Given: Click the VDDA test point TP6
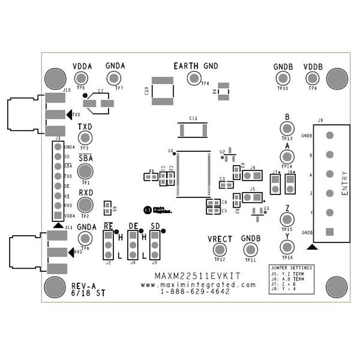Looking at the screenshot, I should click(82, 78).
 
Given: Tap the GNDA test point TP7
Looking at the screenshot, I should click(115, 78).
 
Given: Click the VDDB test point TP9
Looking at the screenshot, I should click(312, 78).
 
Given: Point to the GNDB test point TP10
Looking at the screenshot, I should click(282, 78).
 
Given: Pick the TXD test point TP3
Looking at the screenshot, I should click(85, 138).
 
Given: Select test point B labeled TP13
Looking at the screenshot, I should click(287, 128).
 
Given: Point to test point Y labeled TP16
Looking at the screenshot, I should click(287, 247).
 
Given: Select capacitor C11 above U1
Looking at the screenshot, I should click(193, 130).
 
